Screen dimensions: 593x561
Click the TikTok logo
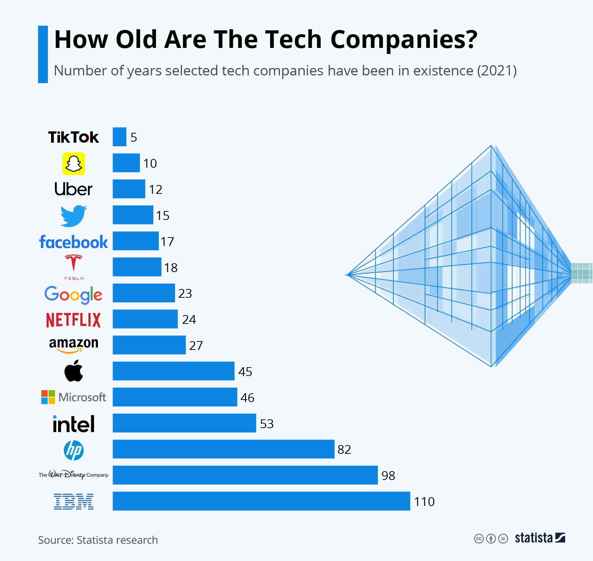[74, 137]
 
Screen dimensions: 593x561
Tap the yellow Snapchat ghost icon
[74, 164]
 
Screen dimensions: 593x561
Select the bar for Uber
[129, 189]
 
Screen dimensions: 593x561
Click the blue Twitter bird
[74, 216]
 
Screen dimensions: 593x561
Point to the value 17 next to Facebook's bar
[167, 242]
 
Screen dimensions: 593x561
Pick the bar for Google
[144, 293]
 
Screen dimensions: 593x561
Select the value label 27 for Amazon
[196, 346]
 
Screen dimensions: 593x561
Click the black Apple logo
[74, 371]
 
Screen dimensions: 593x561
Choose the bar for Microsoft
[175, 397]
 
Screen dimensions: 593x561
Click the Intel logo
[74, 424]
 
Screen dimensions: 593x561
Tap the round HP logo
[74, 450]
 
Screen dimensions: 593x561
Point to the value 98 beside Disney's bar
[388, 476]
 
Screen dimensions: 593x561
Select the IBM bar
[261, 501]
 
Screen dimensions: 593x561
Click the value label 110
[424, 502]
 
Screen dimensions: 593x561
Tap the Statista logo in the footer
[540, 538]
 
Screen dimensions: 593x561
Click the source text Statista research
[117, 540]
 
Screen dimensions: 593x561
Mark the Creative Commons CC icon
[479, 539]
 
